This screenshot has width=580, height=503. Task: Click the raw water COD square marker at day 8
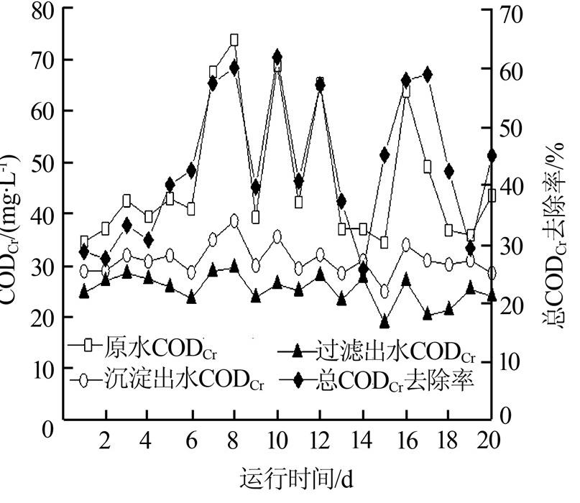[234, 40]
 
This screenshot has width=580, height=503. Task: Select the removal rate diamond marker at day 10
[277, 57]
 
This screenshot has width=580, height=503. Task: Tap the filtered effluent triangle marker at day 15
[385, 321]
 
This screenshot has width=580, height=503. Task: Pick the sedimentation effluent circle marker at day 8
[234, 221]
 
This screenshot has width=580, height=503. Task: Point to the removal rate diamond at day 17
[428, 74]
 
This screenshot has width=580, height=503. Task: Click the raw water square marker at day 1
[84, 241]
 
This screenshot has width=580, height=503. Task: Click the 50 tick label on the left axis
[41, 162]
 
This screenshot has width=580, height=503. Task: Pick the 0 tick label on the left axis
[47, 430]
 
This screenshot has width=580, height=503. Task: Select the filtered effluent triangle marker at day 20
[492, 295]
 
